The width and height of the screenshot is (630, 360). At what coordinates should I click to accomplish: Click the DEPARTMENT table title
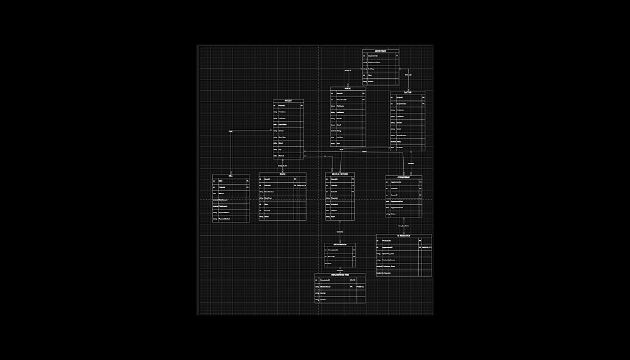[x=381, y=50]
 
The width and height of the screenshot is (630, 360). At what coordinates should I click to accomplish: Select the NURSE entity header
[x=348, y=89]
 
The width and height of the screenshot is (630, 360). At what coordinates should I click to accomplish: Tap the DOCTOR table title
[x=408, y=93]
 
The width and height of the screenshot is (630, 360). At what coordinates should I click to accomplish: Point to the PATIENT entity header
[x=288, y=101]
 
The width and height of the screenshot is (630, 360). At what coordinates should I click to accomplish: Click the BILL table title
[x=231, y=176]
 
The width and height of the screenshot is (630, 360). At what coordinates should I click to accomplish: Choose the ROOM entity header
[x=282, y=174]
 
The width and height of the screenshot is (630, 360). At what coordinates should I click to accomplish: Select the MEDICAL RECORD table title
[x=340, y=174]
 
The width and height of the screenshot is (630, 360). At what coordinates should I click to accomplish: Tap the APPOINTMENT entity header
[x=404, y=177]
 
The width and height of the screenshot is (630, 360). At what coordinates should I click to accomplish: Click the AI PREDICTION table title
[x=404, y=236]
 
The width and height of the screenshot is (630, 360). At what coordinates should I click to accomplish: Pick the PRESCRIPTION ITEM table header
[x=340, y=275]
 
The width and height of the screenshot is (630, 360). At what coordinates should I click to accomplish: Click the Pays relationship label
[x=231, y=131]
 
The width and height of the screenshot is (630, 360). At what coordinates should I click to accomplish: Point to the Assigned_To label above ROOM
[x=282, y=165]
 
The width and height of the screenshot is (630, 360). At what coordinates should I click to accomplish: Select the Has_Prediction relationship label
[x=404, y=225]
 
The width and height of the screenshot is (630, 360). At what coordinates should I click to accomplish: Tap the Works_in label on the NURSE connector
[x=347, y=70]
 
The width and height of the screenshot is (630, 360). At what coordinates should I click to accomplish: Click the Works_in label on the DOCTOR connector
[x=408, y=75]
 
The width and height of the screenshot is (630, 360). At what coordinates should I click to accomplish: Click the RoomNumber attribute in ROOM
[x=269, y=192]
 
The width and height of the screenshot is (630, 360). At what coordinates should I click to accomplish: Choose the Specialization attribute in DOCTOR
[x=401, y=136]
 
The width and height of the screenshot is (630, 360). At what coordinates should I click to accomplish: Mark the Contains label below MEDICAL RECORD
[x=340, y=232]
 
